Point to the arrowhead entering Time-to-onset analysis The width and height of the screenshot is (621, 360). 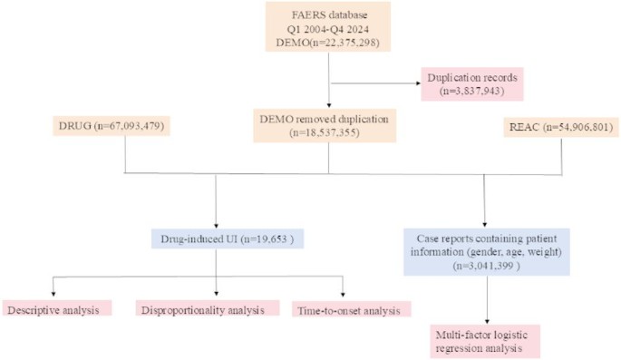point(344,291)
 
